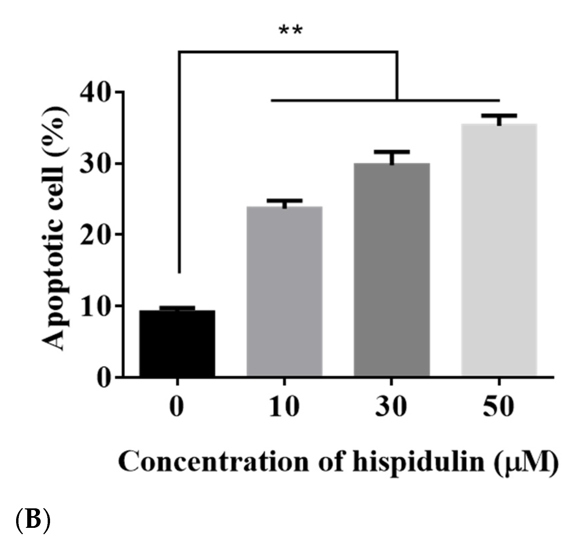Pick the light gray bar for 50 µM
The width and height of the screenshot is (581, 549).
click(499, 250)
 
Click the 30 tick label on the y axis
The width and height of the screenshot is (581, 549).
click(96, 164)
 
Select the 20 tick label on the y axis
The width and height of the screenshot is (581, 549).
click(96, 234)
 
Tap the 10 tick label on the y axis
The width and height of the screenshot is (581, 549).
click(96, 306)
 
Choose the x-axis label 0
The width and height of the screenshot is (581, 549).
click(177, 407)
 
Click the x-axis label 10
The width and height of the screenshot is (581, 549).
click(284, 407)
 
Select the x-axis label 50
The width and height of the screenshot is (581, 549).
click(498, 407)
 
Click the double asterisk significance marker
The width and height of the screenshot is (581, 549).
click(290, 31)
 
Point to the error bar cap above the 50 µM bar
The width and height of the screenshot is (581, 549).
click(499, 116)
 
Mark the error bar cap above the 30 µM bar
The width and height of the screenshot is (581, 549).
click(392, 152)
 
